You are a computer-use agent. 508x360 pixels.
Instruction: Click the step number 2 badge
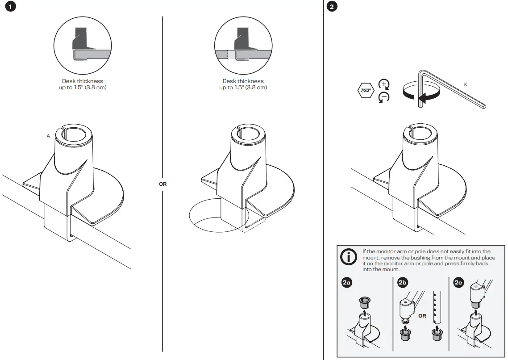(332, 7)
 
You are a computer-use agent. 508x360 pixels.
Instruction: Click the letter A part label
(48, 136)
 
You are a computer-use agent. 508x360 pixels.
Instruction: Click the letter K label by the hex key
(466, 84)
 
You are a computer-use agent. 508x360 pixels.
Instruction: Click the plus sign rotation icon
(383, 84)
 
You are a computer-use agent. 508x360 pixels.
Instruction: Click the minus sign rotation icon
(383, 97)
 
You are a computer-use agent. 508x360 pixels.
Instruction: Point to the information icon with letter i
(348, 258)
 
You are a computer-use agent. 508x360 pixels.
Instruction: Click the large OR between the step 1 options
(162, 184)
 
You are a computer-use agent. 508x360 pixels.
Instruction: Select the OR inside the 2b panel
(422, 316)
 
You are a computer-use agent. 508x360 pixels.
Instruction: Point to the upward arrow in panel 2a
(364, 313)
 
